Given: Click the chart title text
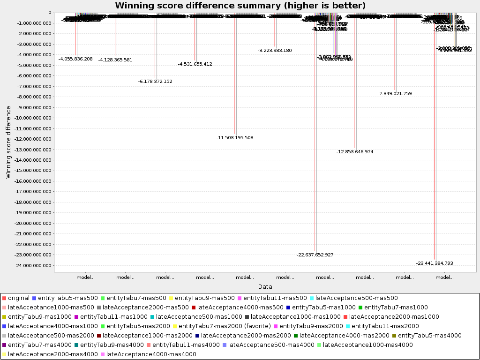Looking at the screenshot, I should (x=240, y=6).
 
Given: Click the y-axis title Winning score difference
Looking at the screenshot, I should (x=8, y=142).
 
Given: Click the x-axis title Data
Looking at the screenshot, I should (x=265, y=286).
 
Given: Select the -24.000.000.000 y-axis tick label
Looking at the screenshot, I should (x=32, y=266).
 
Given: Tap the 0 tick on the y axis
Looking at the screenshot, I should (x=50, y=13).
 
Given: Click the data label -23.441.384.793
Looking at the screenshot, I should (x=435, y=263).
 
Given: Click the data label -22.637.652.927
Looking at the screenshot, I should (x=315, y=255).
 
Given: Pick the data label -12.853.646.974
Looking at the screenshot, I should (x=355, y=152).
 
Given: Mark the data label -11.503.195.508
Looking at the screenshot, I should (x=235, y=138).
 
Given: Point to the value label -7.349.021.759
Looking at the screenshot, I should (x=395, y=94).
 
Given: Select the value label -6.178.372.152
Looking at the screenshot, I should (x=155, y=82).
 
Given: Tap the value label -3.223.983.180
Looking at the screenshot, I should (x=275, y=51).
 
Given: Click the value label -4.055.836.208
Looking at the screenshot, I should (x=75, y=59).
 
